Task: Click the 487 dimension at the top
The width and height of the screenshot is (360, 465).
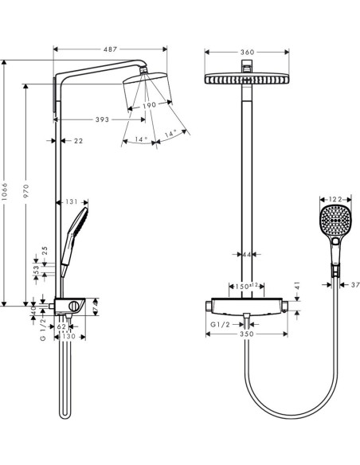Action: [x=112, y=49]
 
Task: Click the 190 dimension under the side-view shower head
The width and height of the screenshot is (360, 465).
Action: [x=149, y=104]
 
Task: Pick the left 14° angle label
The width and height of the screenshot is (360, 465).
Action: [x=141, y=139]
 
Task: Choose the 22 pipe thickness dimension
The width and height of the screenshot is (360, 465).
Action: [x=78, y=141]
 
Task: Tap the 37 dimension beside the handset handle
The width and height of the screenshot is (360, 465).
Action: [x=355, y=283]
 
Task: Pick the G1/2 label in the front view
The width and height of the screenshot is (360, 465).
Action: [x=221, y=325]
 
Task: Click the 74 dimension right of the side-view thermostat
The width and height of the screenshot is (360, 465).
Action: [x=95, y=305]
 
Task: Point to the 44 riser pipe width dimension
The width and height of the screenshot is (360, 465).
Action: [x=246, y=254]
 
